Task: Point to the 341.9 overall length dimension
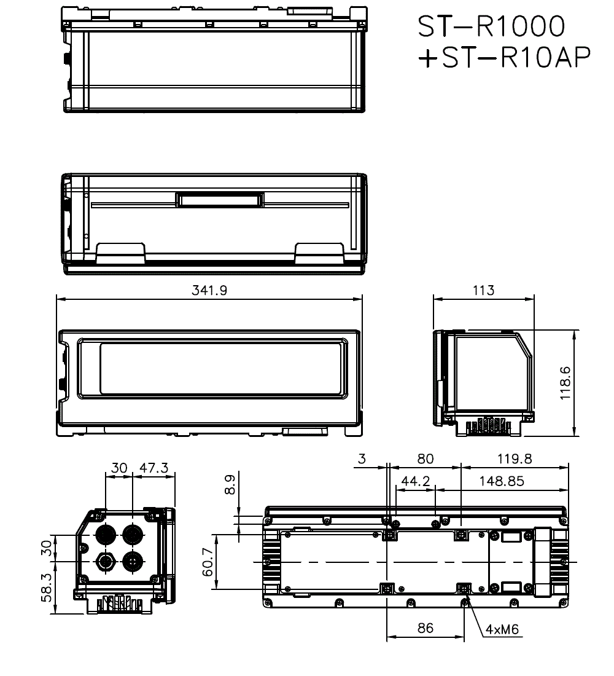209,290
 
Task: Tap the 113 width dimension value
483,290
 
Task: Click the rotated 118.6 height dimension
565,383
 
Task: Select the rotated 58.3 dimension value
45,589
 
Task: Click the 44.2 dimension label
416,481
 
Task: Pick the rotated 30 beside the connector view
45,547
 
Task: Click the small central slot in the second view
220,201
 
